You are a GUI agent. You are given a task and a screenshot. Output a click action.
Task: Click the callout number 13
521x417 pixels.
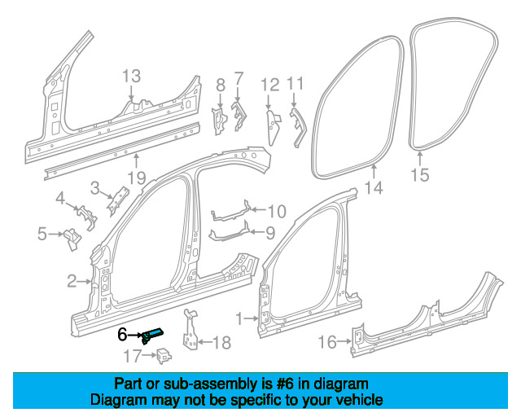coord(132,77)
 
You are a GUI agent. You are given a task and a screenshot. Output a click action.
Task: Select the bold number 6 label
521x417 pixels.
coord(123,334)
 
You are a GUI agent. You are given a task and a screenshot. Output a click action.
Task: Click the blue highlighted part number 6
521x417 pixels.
coord(152,334)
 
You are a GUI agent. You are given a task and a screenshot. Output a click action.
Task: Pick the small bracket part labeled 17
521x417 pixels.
coord(163,353)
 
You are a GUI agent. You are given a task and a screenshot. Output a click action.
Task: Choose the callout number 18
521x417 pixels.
coord(221,343)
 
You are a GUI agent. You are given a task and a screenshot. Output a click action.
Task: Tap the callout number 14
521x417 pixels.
coord(373,190)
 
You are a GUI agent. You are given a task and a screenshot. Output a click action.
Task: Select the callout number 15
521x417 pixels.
coord(419,174)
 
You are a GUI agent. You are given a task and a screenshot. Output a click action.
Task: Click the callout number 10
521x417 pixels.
coord(276,212)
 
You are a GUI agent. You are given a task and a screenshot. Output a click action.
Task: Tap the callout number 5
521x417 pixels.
coord(42,235)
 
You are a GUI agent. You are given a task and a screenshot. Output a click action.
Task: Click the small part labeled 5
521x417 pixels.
coord(71,239)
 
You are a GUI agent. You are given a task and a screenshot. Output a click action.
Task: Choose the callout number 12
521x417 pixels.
coord(270,83)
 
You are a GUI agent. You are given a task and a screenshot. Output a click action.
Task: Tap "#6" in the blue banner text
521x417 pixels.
coord(282,384)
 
